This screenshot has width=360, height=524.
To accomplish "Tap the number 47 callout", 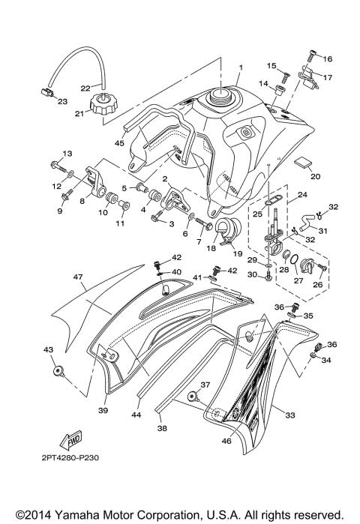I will tap(76, 277).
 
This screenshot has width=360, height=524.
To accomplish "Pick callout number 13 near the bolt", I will tap(67, 153).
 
